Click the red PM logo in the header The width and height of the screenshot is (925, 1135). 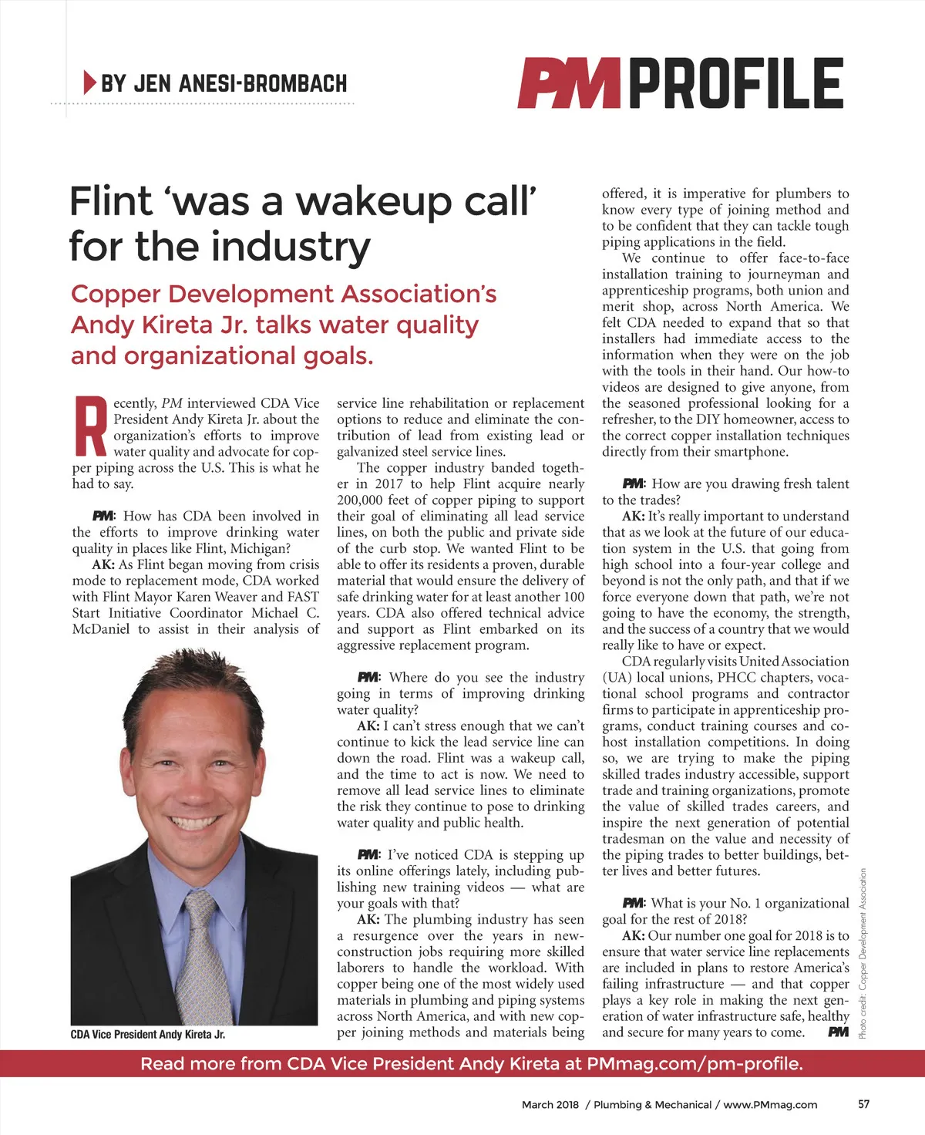click(569, 83)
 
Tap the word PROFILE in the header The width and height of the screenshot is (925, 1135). click(737, 83)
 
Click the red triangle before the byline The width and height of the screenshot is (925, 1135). click(89, 82)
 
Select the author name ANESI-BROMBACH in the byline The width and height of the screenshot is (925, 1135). click(263, 83)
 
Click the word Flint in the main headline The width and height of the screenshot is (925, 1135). click(111, 202)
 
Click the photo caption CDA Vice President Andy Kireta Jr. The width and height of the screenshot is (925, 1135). click(148, 1035)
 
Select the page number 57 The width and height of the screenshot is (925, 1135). click(863, 1104)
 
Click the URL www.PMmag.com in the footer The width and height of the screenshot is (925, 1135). click(770, 1105)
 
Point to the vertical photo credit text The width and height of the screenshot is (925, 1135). click(863, 953)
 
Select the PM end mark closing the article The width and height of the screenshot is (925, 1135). click(838, 1032)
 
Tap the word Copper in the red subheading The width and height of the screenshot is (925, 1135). click(116, 295)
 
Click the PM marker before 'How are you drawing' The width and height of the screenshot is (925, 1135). click(633, 483)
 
